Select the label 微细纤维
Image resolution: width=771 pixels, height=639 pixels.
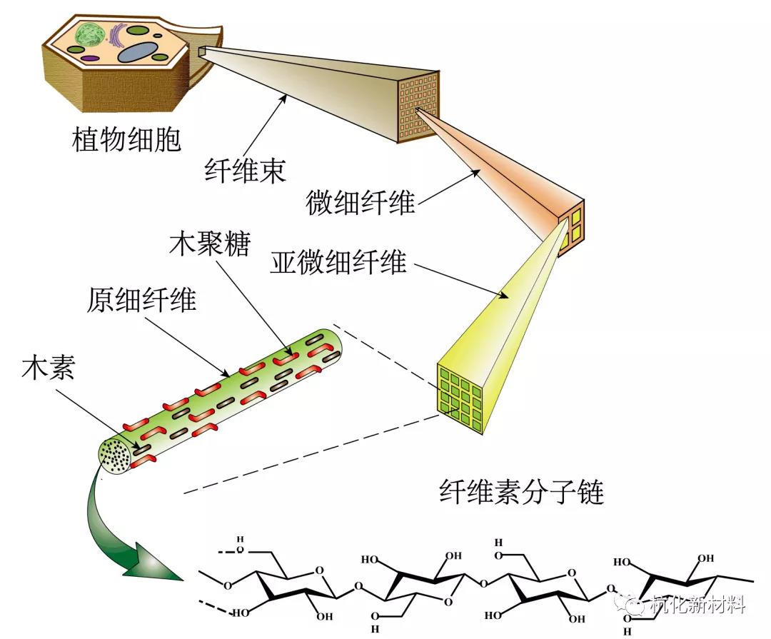pyautogui.click(x=361, y=202)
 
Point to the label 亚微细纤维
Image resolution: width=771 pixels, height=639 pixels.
pyautogui.click(x=338, y=263)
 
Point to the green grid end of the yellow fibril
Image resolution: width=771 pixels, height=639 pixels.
pyautogui.click(x=460, y=393)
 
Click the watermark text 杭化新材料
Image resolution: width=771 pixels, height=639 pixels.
pyautogui.click(x=700, y=605)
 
